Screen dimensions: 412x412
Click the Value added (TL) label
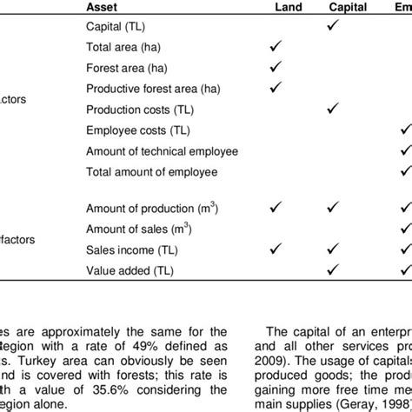coord(130,269)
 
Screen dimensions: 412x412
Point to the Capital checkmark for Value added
coord(332,269)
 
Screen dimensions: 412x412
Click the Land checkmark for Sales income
coord(276,249)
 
